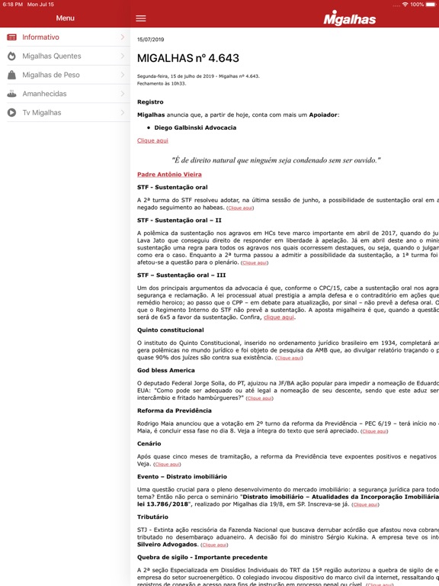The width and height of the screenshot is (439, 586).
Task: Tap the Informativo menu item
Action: click(x=40, y=37)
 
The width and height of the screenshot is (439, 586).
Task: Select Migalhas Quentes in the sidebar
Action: click(x=51, y=56)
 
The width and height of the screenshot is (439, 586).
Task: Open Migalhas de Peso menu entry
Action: click(x=50, y=75)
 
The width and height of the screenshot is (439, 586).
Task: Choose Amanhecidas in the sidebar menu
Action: click(x=44, y=94)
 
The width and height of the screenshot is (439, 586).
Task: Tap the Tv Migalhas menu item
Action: click(x=41, y=113)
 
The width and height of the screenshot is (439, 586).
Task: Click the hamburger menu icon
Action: click(x=141, y=18)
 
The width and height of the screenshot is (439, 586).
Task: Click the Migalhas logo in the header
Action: click(x=349, y=18)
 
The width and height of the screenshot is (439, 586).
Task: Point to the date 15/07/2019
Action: click(x=150, y=39)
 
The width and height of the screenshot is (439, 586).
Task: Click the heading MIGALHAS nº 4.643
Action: click(x=187, y=58)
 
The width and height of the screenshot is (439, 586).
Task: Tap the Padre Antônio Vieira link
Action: click(x=169, y=174)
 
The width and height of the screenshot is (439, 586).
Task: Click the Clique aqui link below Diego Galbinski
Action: click(x=152, y=140)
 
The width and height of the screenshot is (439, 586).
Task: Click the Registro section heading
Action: click(x=150, y=101)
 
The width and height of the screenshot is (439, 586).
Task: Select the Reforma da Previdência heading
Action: click(x=175, y=411)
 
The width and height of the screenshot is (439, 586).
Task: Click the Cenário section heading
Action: click(x=149, y=443)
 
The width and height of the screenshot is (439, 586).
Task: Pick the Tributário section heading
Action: click(x=153, y=517)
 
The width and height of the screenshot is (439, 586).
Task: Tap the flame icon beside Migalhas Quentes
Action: click(x=11, y=56)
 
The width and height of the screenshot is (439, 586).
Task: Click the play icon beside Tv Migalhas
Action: click(x=11, y=113)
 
